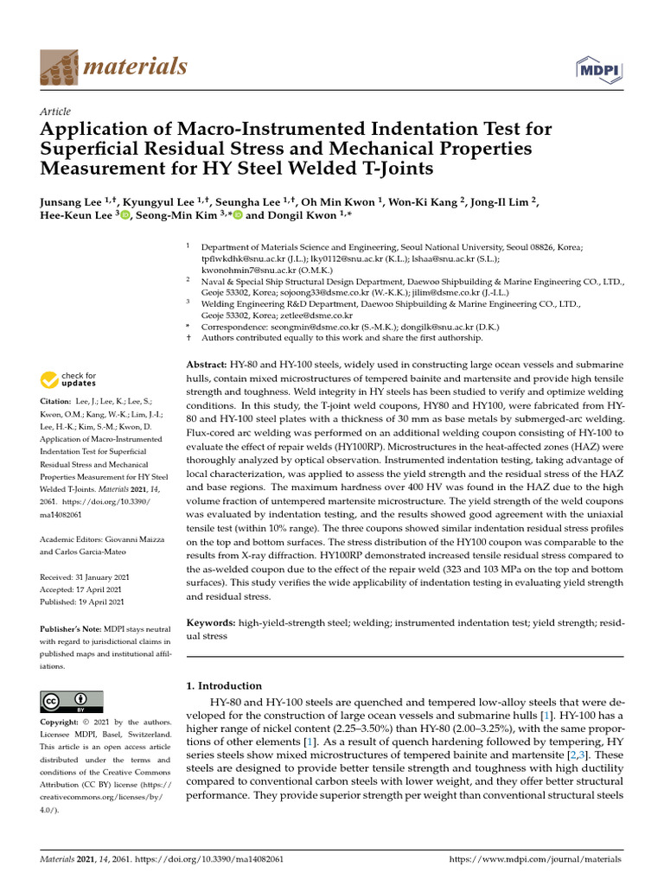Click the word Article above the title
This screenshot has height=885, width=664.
pyautogui.click(x=55, y=111)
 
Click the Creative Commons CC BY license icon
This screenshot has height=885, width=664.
pyautogui.click(x=72, y=701)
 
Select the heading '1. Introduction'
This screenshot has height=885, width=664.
pyautogui.click(x=224, y=685)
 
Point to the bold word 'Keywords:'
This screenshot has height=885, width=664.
pyautogui.click(x=212, y=622)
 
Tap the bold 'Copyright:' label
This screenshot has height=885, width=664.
pyautogui.click(x=60, y=722)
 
